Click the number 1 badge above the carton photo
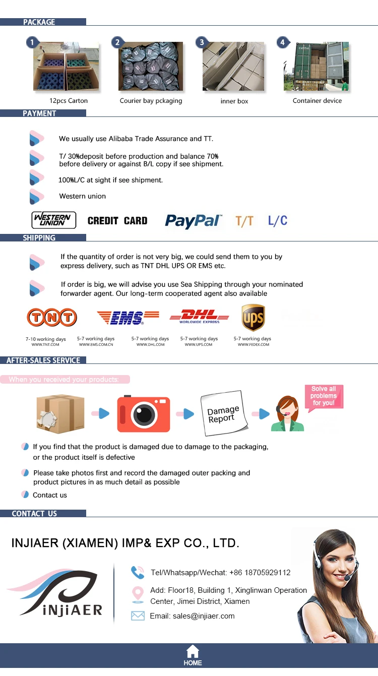click(32, 42)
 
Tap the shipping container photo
click(316, 67)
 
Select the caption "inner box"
click(234, 101)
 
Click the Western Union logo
click(54, 220)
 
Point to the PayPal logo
click(193, 221)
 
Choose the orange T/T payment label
click(244, 221)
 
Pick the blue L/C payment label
click(278, 220)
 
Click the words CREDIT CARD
click(117, 221)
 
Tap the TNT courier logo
click(52, 318)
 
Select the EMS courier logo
click(128, 317)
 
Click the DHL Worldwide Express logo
click(199, 317)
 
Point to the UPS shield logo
click(253, 317)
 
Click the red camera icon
click(144, 414)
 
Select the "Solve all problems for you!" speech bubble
click(324, 396)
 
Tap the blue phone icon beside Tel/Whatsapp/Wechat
click(138, 572)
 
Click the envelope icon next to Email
click(138, 616)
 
